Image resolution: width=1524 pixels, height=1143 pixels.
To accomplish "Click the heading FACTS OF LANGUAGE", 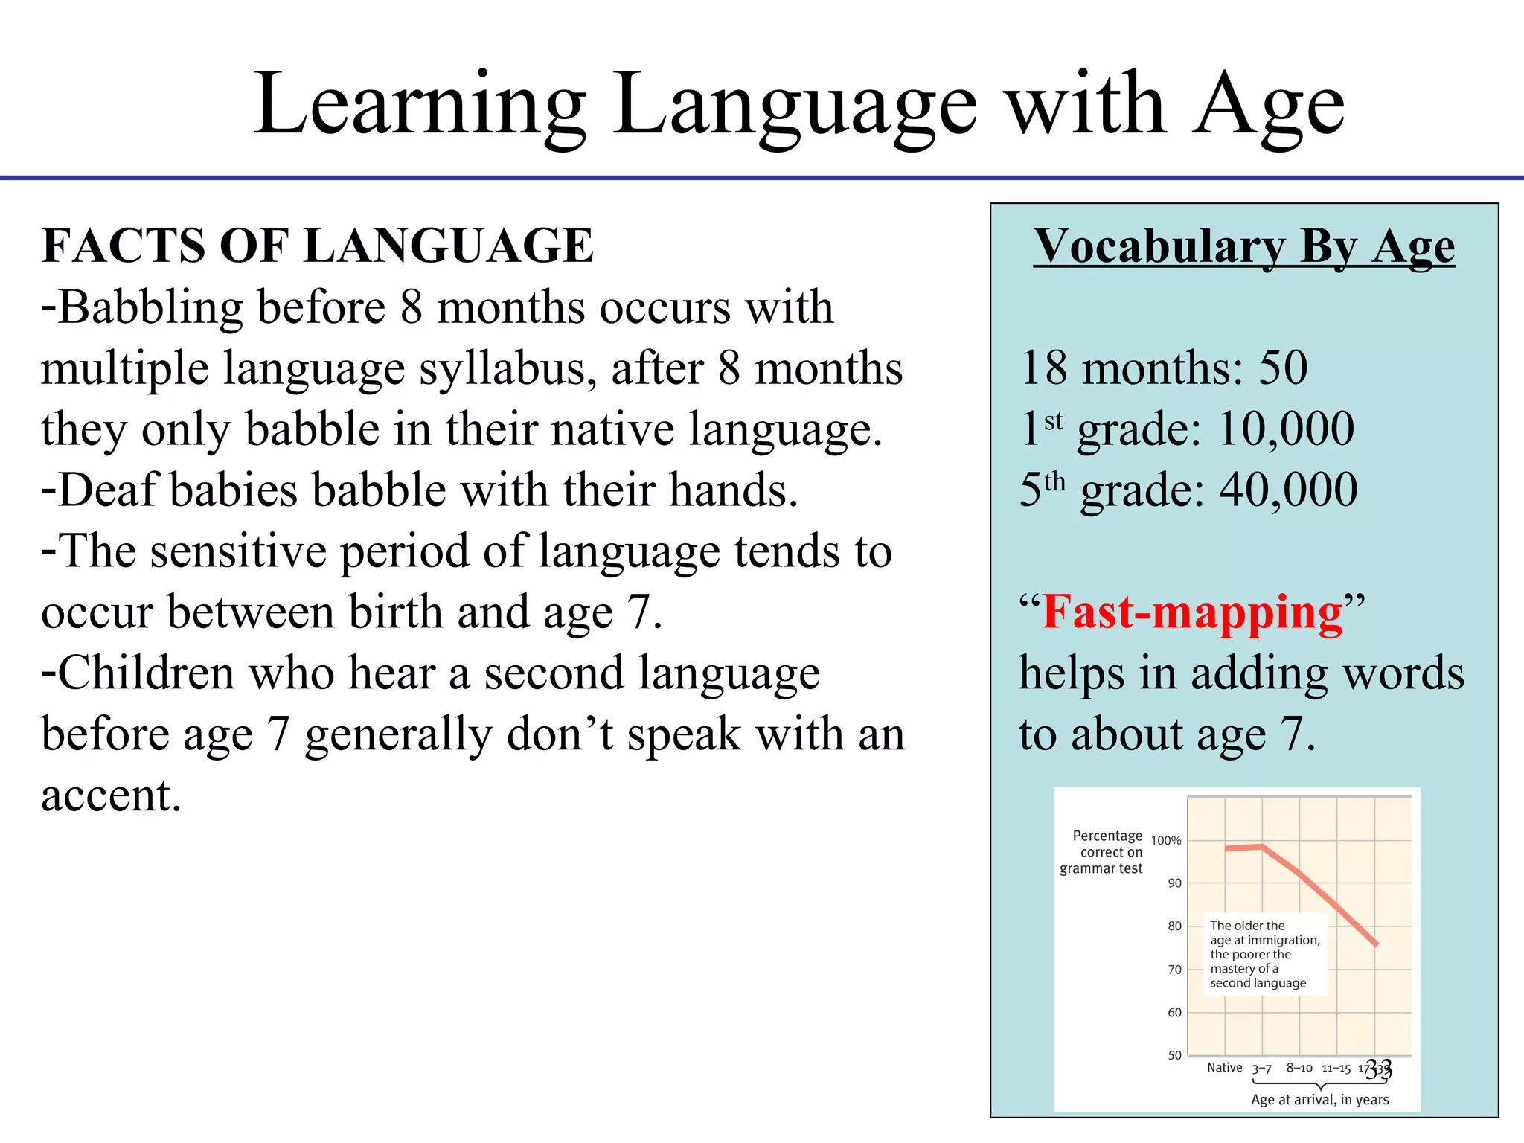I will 318,246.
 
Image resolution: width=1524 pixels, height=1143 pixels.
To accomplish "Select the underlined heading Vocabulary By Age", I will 1243,246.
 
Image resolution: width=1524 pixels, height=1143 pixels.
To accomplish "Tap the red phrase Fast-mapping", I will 1192,612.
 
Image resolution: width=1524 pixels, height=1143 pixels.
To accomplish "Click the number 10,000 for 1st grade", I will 1287,429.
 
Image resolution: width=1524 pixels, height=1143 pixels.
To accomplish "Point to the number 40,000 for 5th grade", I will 1288,490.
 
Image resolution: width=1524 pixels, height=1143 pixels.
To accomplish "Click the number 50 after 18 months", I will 1283,368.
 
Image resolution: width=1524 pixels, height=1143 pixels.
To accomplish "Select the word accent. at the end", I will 111,795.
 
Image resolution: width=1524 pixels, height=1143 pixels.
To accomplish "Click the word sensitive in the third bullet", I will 238,551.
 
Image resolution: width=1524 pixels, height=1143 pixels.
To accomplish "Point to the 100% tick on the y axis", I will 1166,841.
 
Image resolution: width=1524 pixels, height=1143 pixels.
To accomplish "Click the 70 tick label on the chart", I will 1174,970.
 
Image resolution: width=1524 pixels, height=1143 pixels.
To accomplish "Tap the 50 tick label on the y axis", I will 1174,1055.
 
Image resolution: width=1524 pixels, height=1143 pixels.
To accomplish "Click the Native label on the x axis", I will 1224,1068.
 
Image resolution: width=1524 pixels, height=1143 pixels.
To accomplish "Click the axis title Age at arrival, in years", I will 1319,1100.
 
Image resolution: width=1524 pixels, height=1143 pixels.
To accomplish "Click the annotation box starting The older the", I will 1264,954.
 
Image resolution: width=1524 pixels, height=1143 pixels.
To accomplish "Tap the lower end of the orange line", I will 1376,944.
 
